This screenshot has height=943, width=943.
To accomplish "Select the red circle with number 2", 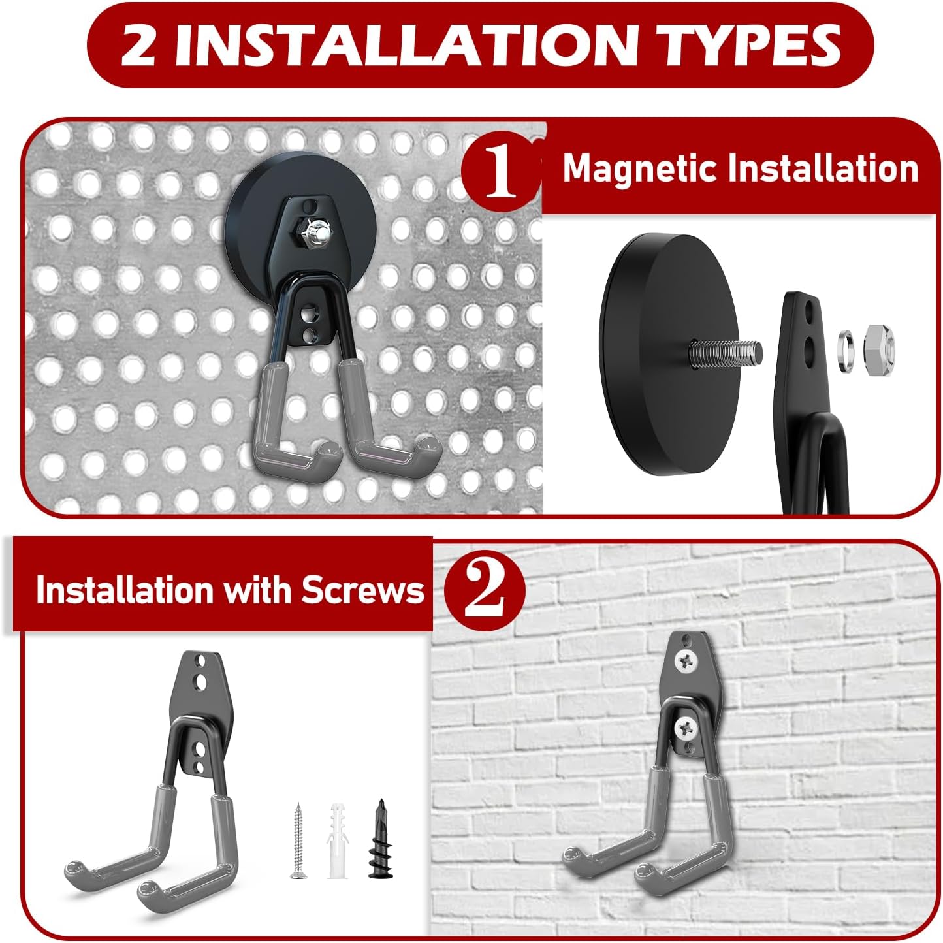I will click(485, 590).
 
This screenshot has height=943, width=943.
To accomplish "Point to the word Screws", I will click(362, 590).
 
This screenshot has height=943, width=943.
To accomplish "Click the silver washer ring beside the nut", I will click(847, 351).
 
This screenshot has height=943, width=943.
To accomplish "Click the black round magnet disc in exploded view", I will click(660, 354).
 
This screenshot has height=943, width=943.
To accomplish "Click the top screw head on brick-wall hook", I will click(686, 663).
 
